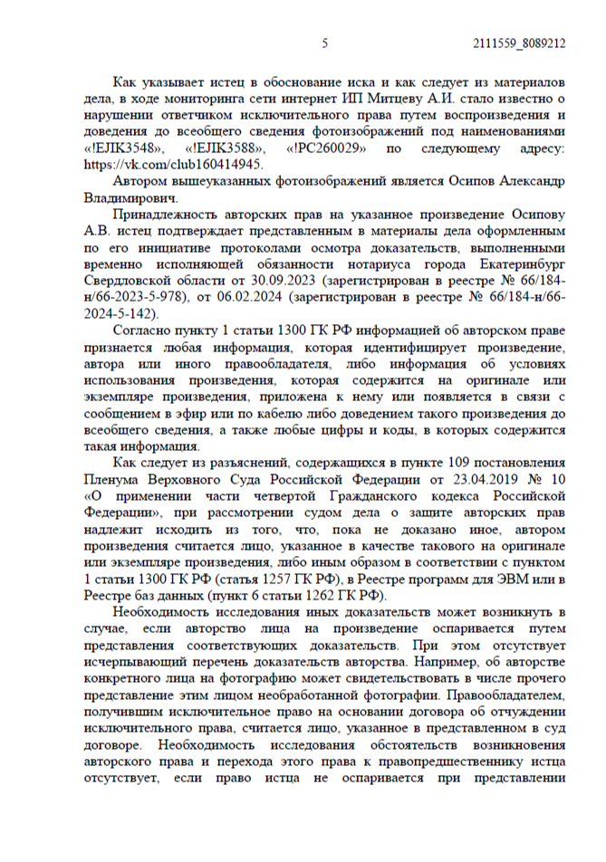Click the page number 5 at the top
[x=324, y=43]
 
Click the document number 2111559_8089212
[x=520, y=43]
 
